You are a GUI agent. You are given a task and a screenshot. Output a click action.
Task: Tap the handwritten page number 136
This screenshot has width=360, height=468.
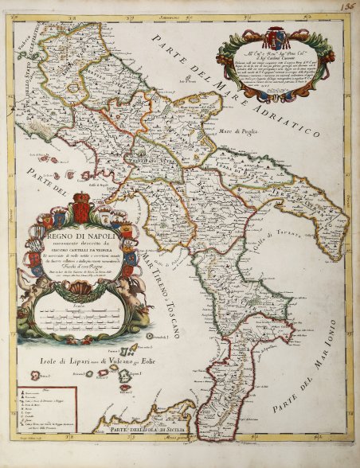pos(347,7)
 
